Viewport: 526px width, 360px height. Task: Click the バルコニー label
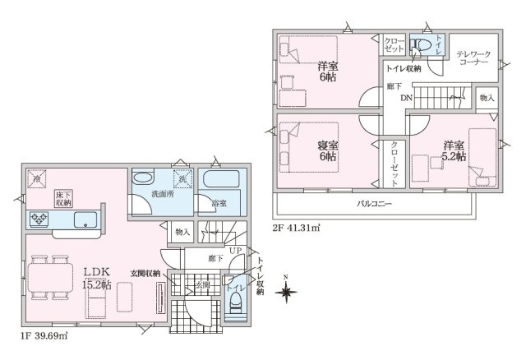coord(373,202)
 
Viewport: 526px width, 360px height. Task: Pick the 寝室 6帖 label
coord(327,150)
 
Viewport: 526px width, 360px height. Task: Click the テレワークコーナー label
coord(473,57)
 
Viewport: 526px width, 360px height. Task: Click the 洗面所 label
coord(160,194)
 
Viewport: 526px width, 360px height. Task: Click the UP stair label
coord(233,250)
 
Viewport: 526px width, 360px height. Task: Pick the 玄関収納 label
coord(144,274)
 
